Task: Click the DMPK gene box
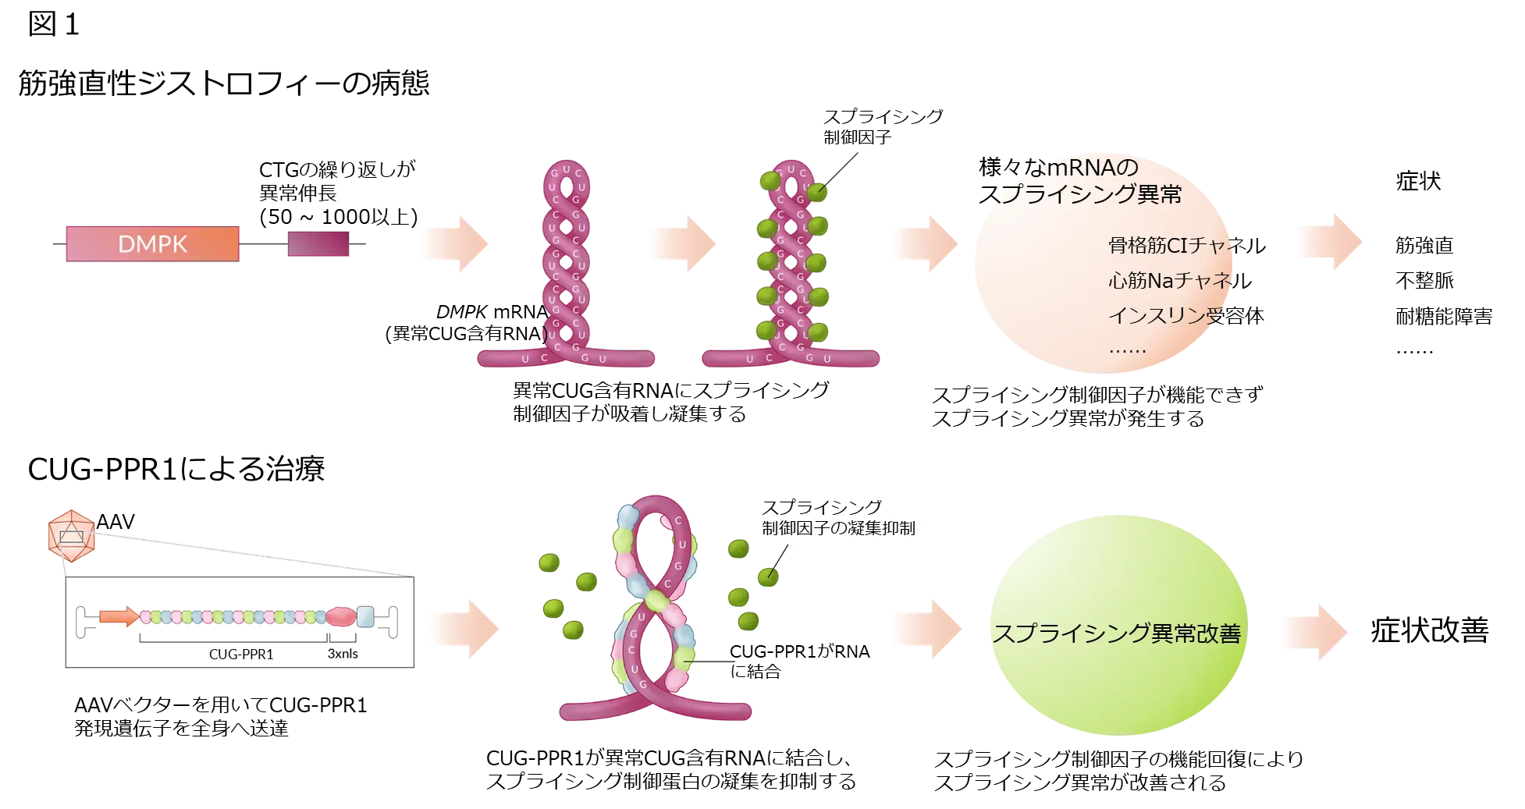(152, 244)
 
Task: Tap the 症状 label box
(1417, 183)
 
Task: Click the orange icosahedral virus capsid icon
(72, 537)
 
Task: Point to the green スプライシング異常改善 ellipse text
(1116, 633)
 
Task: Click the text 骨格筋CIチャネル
(1171, 246)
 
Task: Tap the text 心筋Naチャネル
(1169, 280)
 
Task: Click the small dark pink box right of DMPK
(318, 245)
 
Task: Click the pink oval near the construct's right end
(340, 616)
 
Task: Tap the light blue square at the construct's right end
(364, 616)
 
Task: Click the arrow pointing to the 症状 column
(1329, 243)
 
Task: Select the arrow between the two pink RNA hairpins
(682, 243)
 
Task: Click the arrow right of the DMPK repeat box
(455, 243)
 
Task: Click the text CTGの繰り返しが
(336, 170)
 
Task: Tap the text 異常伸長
(297, 193)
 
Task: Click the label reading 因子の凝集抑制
(851, 528)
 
